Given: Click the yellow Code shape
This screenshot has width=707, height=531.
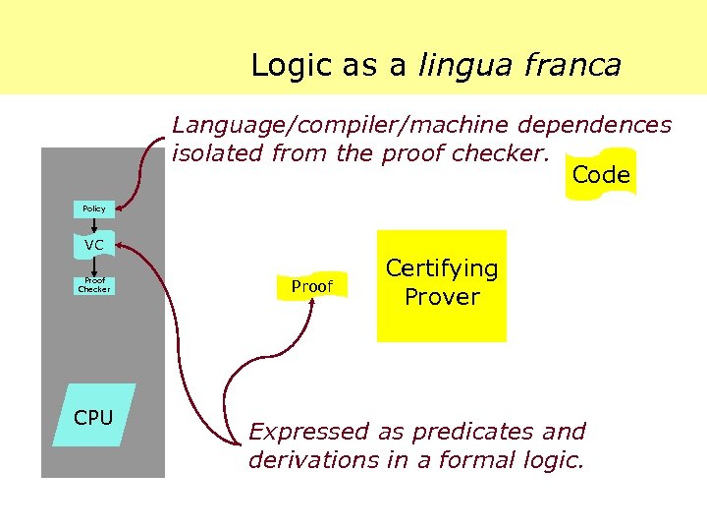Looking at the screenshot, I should [600, 175].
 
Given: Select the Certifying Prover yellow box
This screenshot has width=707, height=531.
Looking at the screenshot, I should [441, 284].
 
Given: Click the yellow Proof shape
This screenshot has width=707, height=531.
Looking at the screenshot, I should [311, 286].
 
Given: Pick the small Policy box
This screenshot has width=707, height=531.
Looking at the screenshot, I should [94, 208].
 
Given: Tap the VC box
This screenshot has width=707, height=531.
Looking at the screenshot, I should [94, 244].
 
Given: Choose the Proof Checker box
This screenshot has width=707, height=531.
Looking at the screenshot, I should [94, 286].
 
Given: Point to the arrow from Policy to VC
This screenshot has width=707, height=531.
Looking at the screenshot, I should [94, 224].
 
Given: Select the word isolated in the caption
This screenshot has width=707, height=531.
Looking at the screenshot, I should [217, 153].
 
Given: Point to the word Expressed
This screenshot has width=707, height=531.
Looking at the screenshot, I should [308, 432].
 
